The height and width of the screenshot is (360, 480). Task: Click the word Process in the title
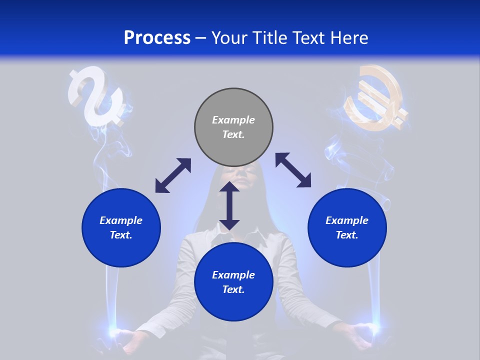click(x=157, y=38)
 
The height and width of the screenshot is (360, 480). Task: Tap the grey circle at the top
click(x=233, y=127)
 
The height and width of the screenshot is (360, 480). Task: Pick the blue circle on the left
click(x=121, y=227)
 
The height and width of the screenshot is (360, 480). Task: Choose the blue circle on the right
click(x=347, y=227)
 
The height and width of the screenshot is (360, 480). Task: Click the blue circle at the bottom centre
click(x=233, y=282)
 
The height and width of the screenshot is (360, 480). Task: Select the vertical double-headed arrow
click(x=229, y=205)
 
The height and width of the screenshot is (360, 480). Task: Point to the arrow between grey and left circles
click(x=173, y=175)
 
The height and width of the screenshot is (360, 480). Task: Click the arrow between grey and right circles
click(x=293, y=170)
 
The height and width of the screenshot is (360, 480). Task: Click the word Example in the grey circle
click(x=233, y=120)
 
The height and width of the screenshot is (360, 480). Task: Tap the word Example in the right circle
click(x=347, y=220)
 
